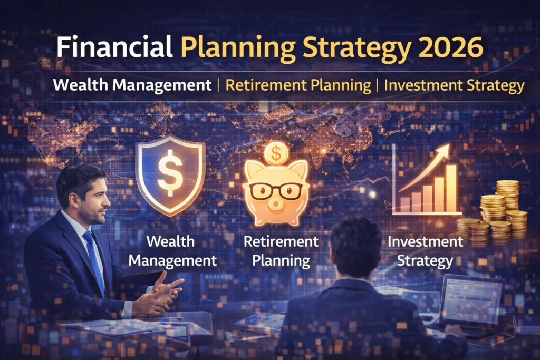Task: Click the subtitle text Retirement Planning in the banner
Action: (x=298, y=85)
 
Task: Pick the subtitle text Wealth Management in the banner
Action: (x=132, y=85)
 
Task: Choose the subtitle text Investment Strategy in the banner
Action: (x=454, y=85)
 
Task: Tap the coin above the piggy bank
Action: (x=276, y=153)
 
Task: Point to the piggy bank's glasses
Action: (x=275, y=190)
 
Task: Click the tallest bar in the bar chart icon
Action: (x=451, y=188)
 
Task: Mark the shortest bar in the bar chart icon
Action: (x=405, y=204)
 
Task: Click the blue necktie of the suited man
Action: (x=94, y=260)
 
